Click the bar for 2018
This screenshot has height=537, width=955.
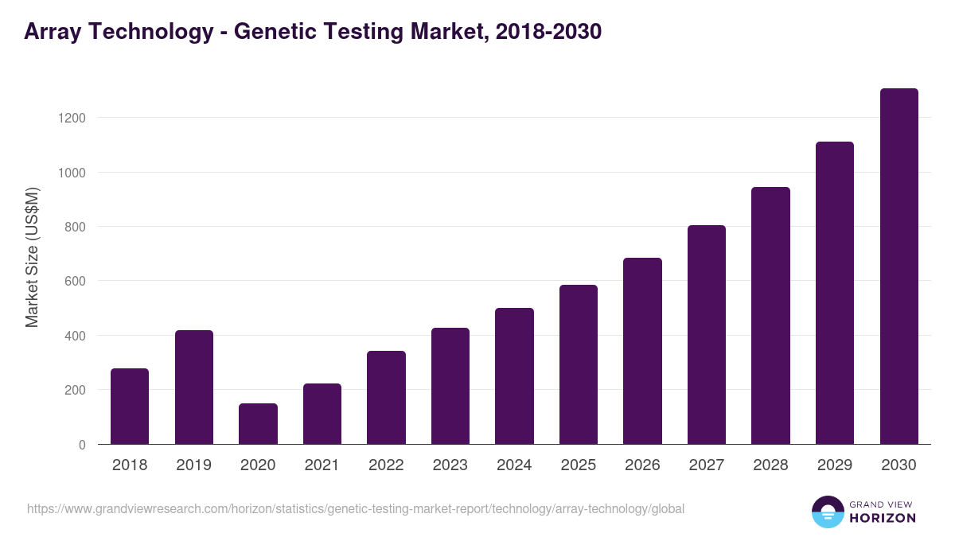point(130,407)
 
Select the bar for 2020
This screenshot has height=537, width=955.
point(258,424)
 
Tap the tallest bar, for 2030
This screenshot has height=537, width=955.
point(899,267)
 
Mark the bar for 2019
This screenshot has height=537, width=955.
point(194,387)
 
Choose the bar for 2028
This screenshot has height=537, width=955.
point(771,316)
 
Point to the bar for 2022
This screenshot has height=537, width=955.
point(386,398)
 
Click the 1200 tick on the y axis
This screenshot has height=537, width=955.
point(70,118)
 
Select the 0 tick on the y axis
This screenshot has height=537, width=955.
point(82,445)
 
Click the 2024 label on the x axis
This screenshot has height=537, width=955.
point(514,465)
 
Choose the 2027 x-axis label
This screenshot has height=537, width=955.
point(707,465)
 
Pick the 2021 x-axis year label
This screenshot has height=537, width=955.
point(322,465)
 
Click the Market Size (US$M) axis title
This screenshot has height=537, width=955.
point(32,257)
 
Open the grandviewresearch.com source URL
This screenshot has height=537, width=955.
point(355,508)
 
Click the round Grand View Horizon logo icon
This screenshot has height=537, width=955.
point(828,512)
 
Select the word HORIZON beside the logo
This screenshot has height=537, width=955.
point(883,518)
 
